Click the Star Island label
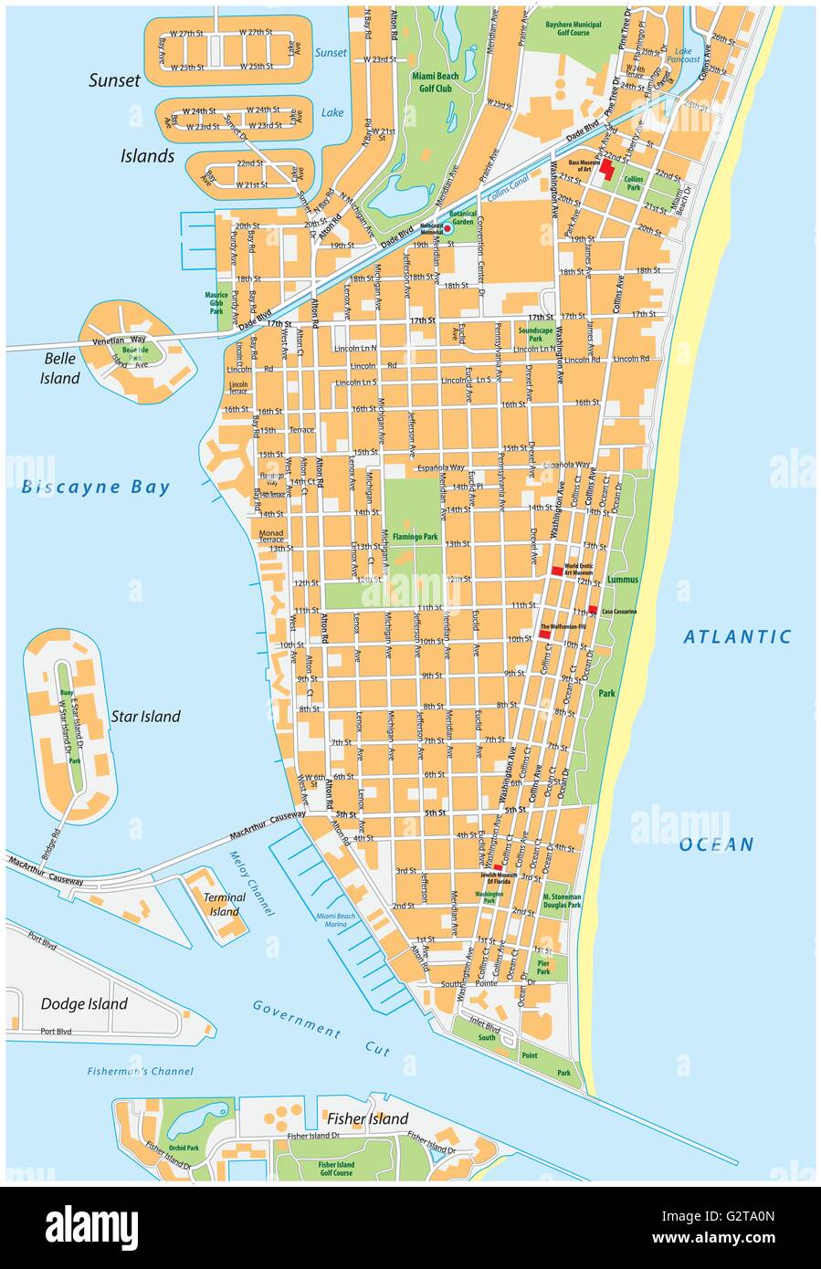[145, 717]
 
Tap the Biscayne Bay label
[96, 487]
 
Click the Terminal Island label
[225, 904]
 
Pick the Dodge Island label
[84, 1004]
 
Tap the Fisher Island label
[367, 1119]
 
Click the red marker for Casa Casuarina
[593, 610]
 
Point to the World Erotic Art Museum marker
[556, 571]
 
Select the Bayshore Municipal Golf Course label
[566, 27]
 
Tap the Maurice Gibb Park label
[216, 303]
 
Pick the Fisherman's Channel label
[141, 1072]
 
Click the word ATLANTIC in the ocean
[737, 637]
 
